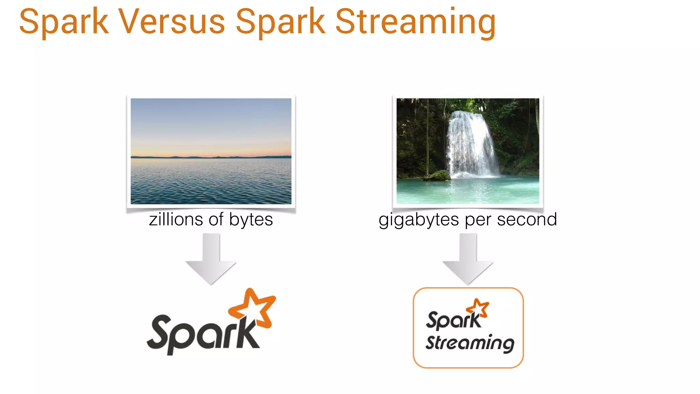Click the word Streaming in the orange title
tap(415, 22)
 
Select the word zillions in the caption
tap(176, 220)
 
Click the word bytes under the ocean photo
tap(251, 220)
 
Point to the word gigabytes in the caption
tap(419, 220)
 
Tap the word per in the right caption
tap(477, 220)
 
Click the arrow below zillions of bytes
tap(211, 260)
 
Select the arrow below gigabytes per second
tap(468, 260)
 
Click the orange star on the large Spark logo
tap(253, 306)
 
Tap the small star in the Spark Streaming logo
tap(478, 307)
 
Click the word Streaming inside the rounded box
tap(470, 343)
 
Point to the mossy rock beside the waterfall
tap(437, 175)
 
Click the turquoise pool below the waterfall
tap(468, 192)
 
